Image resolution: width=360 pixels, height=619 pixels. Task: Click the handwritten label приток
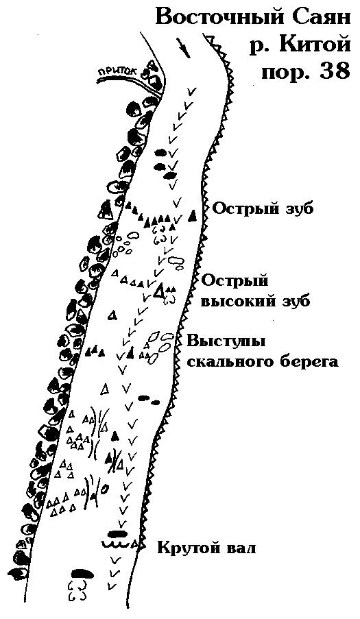(121, 71)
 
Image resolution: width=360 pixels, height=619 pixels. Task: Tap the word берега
(313, 363)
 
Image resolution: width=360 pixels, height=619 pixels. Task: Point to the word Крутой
(187, 548)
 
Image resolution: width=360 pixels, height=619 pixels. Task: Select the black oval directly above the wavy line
(118, 535)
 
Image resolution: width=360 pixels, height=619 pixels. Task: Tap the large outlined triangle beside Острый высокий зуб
(158, 291)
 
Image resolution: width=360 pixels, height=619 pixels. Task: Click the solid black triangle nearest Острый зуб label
(192, 215)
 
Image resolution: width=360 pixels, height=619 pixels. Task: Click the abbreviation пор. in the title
(285, 72)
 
